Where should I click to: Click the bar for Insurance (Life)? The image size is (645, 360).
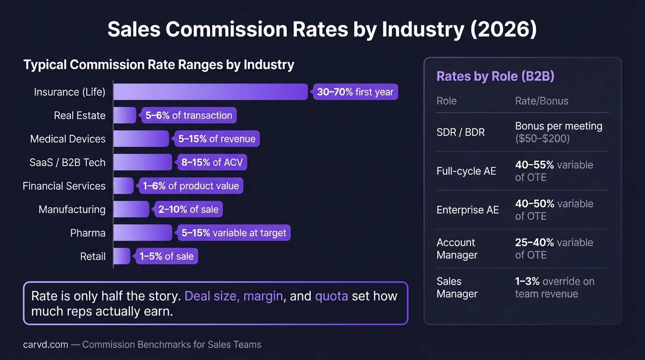[210, 92]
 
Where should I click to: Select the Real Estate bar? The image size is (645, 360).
[125, 115]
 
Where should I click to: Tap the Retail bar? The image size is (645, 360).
[122, 256]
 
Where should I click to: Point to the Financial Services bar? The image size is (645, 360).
[123, 186]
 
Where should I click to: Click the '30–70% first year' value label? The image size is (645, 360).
[355, 92]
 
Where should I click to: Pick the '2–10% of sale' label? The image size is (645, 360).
[188, 210]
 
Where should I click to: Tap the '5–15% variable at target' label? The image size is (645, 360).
[233, 233]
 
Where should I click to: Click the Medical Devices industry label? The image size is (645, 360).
[68, 139]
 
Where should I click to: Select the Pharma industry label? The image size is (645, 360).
[88, 233]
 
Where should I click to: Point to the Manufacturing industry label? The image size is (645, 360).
[72, 210]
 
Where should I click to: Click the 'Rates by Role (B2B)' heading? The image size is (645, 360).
[495, 76]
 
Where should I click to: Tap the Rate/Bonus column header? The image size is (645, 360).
[541, 101]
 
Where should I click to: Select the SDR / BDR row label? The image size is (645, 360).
[454, 132]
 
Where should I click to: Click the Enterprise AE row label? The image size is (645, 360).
[467, 210]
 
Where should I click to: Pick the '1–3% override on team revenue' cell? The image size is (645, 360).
[554, 287]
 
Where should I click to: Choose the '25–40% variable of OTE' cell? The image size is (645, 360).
[554, 248]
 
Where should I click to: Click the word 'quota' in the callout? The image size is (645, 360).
[331, 296]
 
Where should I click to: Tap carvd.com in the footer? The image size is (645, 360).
[45, 345]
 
